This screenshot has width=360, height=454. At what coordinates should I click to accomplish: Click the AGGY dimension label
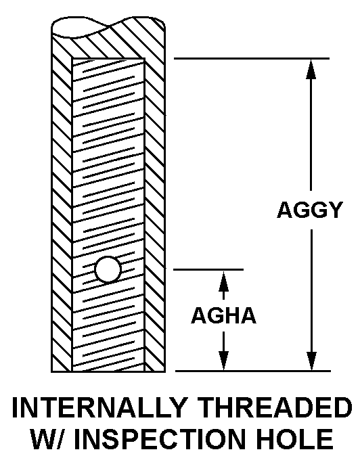[310, 210]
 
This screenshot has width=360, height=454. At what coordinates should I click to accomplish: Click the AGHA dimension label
[223, 315]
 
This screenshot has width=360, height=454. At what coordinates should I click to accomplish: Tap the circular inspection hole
[108, 269]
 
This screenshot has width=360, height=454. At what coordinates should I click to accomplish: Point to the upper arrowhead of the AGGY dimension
[311, 68]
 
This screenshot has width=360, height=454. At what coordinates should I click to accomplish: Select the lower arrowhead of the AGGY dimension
[311, 361]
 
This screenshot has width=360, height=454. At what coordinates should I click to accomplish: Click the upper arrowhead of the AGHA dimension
[223, 281]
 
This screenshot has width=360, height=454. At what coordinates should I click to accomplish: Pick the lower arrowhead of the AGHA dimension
[223, 361]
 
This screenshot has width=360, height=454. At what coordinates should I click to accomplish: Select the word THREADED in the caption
[276, 407]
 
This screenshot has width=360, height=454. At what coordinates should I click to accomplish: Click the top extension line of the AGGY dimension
[252, 58]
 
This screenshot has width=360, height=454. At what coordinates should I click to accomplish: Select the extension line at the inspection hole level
[208, 269]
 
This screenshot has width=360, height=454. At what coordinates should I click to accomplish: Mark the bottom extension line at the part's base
[253, 371]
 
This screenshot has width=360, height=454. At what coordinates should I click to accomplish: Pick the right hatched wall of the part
[155, 214]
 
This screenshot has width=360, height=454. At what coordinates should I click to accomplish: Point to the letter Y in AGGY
[335, 210]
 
